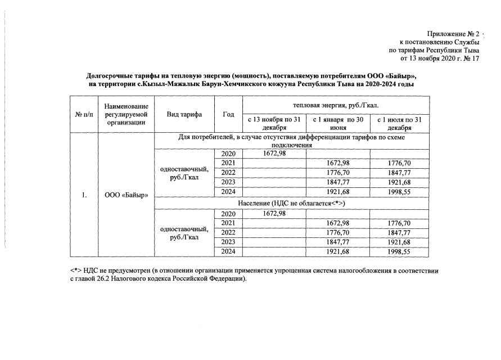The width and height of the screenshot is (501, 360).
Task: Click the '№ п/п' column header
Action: [x=83, y=114]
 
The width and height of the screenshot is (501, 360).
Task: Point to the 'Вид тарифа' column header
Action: [x=184, y=114]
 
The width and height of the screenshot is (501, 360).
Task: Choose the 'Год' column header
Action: [x=228, y=114]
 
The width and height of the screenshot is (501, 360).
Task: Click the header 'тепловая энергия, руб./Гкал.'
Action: [x=336, y=105]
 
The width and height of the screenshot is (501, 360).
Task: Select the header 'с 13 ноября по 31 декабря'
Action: [x=274, y=123]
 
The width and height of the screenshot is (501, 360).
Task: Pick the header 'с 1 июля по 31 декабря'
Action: [x=399, y=123]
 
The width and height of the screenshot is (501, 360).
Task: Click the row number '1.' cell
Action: [x=83, y=196]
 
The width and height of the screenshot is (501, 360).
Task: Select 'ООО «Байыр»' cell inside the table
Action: [x=126, y=196]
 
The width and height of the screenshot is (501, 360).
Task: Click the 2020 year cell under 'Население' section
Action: [x=228, y=214]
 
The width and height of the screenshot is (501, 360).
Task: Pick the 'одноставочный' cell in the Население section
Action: [x=184, y=233]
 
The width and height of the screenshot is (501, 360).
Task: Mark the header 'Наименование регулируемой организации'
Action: [x=126, y=114]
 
